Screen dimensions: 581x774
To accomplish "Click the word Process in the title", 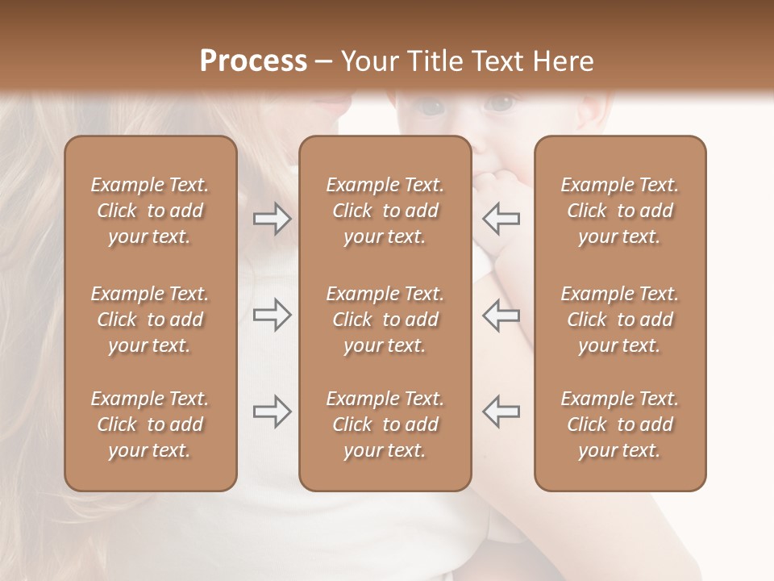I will coord(253,61).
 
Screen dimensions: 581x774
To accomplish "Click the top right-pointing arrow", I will coord(273,219).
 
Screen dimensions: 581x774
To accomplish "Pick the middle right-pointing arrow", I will coord(273,315).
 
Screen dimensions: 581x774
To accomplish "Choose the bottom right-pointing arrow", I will coord(273,412).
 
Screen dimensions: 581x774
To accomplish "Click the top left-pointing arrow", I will coord(501,219).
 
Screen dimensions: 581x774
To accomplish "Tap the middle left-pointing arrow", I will coord(501,315).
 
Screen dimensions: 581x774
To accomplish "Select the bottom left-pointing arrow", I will coord(501,412).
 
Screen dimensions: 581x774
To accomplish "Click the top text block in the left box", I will coord(150,211).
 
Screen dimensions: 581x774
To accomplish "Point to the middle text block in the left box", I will coord(150,320).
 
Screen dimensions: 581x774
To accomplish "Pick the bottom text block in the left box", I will coord(150,424).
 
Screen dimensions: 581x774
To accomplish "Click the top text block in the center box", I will coord(385,211).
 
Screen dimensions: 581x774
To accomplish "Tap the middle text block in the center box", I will coord(385,320).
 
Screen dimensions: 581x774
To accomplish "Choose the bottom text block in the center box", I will coord(385,424).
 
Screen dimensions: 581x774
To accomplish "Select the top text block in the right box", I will coord(619,211).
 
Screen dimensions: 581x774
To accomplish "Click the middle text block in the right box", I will coord(619,320).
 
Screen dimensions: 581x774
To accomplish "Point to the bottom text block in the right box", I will coord(619,424).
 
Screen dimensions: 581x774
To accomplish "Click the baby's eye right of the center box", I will coord(501,104).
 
